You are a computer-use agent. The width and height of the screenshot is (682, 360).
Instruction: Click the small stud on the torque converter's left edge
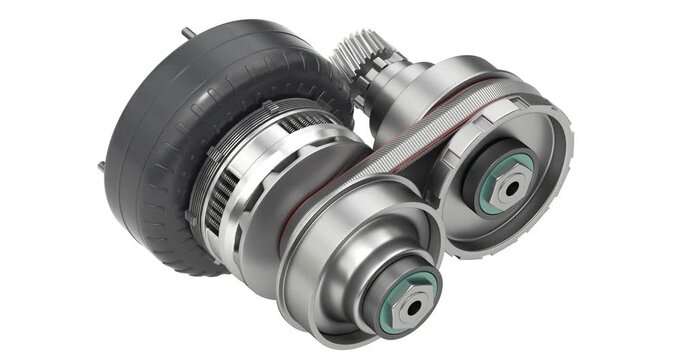101,163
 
